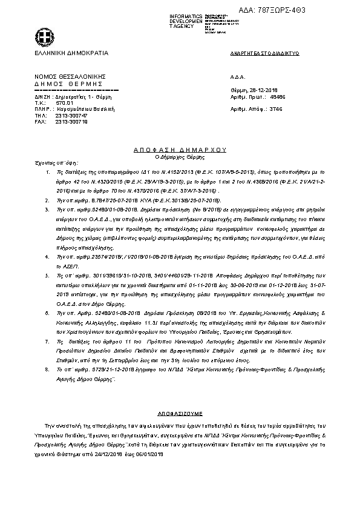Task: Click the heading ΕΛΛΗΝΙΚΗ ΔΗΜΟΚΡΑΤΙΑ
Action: click(x=71, y=53)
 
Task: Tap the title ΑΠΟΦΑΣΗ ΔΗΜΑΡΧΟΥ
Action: click(x=179, y=148)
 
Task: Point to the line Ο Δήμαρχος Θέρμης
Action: click(x=180, y=156)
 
